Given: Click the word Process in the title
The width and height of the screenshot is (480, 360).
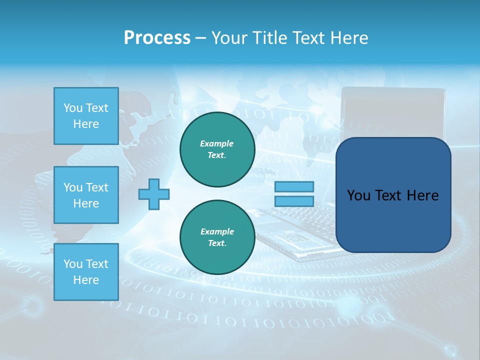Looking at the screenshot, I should click(x=157, y=38).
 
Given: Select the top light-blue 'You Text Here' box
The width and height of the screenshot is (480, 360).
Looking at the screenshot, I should click(x=86, y=116).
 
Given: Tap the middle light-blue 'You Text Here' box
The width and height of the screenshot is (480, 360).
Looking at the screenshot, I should click(x=86, y=195).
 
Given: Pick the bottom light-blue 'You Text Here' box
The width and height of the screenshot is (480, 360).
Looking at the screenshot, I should click(x=86, y=272).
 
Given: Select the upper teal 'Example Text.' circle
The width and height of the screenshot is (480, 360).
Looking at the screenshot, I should click(x=217, y=149).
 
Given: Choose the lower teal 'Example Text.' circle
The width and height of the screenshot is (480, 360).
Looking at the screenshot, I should click(x=217, y=237).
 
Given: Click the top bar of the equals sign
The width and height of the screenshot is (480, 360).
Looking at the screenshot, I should click(x=294, y=187).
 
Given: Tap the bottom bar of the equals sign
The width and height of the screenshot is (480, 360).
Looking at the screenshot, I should click(x=294, y=201).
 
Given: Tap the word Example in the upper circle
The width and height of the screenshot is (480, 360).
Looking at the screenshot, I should click(x=217, y=143).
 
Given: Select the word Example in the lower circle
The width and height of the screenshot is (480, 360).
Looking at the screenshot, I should click(x=217, y=231).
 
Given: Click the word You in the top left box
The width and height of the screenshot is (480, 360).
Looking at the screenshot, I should click(x=72, y=108).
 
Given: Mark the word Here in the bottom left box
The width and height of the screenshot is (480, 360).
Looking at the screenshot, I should click(x=86, y=280).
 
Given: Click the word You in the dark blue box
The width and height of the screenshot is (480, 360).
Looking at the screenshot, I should click(x=358, y=195).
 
